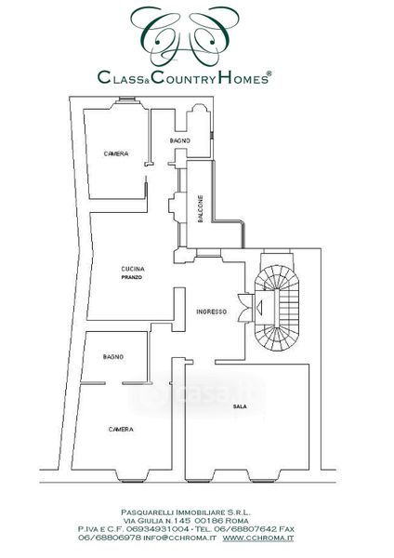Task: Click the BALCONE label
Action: (201, 209)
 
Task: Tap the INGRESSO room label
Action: (212, 312)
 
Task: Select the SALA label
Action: (240, 406)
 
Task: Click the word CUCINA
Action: (133, 269)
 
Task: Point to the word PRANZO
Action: (132, 277)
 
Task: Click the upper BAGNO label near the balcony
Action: (180, 141)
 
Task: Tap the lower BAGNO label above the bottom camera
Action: (113, 356)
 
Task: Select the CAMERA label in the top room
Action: (116, 153)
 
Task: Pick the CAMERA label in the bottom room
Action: (121, 430)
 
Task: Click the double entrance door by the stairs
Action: (244, 308)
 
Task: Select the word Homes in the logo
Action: (243, 77)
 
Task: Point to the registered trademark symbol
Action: (269, 73)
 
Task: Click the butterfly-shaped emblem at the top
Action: (185, 35)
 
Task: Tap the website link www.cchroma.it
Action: (258, 538)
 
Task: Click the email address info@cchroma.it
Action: (179, 538)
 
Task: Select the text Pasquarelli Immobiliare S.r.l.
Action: (186, 512)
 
